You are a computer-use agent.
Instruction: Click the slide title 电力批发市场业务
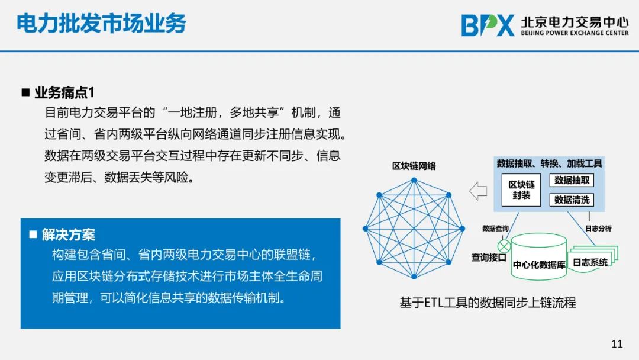click(101, 23)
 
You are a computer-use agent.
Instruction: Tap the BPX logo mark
click(488, 25)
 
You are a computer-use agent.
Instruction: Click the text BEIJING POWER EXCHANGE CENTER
click(575, 33)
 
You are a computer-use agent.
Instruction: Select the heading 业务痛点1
click(64, 92)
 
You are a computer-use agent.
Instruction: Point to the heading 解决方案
click(69, 234)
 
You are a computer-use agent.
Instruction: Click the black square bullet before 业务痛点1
click(25, 92)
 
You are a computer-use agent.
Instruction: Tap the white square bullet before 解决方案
click(33, 234)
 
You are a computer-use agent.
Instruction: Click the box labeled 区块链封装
click(521, 190)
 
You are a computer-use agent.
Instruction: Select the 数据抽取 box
click(572, 180)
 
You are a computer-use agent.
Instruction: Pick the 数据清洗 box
click(572, 200)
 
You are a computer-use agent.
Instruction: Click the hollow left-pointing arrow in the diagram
click(478, 191)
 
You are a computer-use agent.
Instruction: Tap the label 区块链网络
click(414, 166)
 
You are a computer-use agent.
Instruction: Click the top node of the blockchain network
click(414, 180)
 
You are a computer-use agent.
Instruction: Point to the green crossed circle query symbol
click(504, 246)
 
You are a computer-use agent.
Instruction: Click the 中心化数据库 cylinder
click(539, 257)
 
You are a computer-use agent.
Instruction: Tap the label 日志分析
click(598, 229)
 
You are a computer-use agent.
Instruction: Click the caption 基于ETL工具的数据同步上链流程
click(488, 303)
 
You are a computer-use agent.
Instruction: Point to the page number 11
click(617, 343)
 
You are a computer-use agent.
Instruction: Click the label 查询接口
click(489, 258)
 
